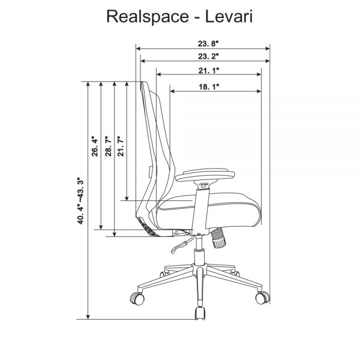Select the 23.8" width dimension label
click(203, 44)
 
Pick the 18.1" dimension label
click(208, 87)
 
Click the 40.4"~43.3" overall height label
click(82, 200)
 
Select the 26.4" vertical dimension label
click(95, 146)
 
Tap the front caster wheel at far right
click(263, 298)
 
